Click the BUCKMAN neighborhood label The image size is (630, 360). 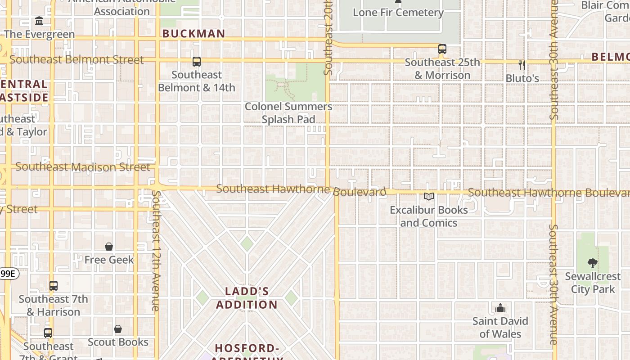[x=193, y=34]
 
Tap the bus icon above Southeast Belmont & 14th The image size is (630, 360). [x=197, y=62]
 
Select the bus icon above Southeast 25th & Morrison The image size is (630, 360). [x=442, y=49]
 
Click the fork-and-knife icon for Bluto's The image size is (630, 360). [x=522, y=65]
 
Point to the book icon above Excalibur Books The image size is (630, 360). [x=428, y=197]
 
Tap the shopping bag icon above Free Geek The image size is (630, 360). [x=109, y=247]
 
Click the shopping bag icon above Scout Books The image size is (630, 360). [x=118, y=329]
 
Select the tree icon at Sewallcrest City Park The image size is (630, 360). [x=593, y=263]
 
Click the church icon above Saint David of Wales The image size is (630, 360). [x=500, y=308]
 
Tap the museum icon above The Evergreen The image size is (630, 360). [x=39, y=21]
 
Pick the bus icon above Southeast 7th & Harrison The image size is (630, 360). [x=54, y=286]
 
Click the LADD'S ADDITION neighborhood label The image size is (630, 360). [x=247, y=298]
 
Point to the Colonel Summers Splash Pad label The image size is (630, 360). [x=288, y=113]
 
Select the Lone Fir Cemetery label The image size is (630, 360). [x=398, y=13]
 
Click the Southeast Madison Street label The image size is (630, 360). [x=83, y=167]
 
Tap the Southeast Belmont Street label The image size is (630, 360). [x=76, y=60]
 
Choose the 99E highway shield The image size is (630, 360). [x=9, y=274]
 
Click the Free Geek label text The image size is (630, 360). [x=109, y=260]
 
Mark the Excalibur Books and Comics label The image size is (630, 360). [x=428, y=216]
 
